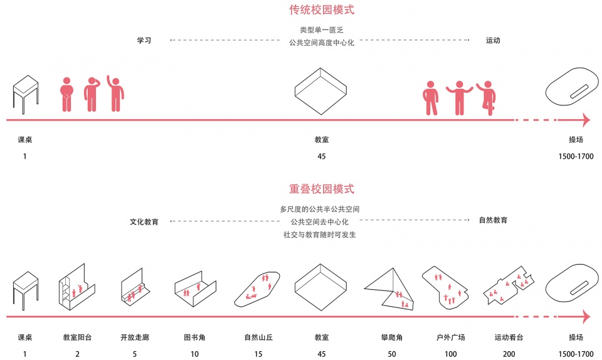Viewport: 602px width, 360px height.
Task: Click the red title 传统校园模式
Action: pyautogui.click(x=322, y=9)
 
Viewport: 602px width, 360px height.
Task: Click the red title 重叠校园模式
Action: pyautogui.click(x=322, y=189)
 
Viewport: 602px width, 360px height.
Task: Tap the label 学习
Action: pyautogui.click(x=144, y=40)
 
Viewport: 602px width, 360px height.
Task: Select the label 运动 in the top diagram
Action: pyautogui.click(x=493, y=40)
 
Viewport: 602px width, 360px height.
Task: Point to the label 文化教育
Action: pyautogui.click(x=144, y=222)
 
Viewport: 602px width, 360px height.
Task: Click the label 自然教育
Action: pyautogui.click(x=494, y=220)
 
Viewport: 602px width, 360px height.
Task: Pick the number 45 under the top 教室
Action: pyautogui.click(x=322, y=156)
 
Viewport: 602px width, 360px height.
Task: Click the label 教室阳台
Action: pyautogui.click(x=78, y=337)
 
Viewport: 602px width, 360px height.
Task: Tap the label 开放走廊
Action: pyautogui.click(x=135, y=337)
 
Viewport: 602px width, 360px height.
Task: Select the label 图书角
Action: pyautogui.click(x=194, y=337)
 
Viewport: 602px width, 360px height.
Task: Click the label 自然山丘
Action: pyautogui.click(x=258, y=337)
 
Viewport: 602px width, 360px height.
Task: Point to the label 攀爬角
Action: pyautogui.click(x=392, y=337)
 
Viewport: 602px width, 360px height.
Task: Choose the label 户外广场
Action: pyautogui.click(x=451, y=337)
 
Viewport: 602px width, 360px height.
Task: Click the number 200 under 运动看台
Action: pyautogui.click(x=509, y=354)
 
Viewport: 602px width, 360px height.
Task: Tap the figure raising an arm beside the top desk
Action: pyautogui.click(x=115, y=93)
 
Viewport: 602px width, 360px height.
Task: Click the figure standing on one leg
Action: pyautogui.click(x=487, y=98)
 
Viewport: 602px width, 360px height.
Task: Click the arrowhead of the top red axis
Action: pyautogui.click(x=586, y=120)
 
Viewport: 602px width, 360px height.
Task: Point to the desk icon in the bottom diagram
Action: pyautogui.click(x=26, y=290)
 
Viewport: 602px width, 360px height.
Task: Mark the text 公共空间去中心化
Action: pyautogui.click(x=319, y=222)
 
